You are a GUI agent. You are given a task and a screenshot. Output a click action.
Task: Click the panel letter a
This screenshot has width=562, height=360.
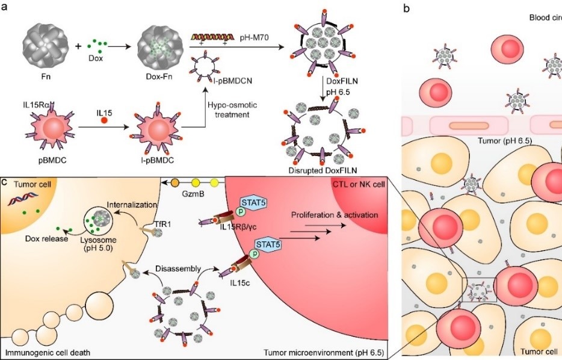5,7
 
